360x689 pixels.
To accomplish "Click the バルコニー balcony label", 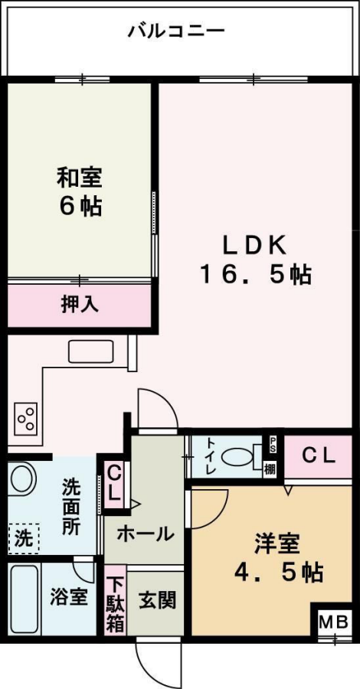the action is pyautogui.click(x=177, y=32).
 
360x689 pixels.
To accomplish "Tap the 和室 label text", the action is pyautogui.click(x=80, y=178).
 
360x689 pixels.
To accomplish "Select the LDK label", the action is pyautogui.click(x=255, y=247).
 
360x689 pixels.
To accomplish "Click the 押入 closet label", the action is pyautogui.click(x=80, y=305).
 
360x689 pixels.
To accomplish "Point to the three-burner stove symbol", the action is pyautogui.click(x=25, y=420).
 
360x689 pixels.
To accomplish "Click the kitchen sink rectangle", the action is pyautogui.click(x=91, y=352).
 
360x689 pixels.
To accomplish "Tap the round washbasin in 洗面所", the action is pyautogui.click(x=21, y=479).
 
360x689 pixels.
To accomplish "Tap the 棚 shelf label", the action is pyautogui.click(x=270, y=470).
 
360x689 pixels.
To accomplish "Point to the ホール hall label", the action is pyautogui.click(x=144, y=534).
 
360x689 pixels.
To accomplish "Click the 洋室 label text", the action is pyautogui.click(x=277, y=545).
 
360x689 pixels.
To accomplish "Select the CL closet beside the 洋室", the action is pyautogui.click(x=318, y=456).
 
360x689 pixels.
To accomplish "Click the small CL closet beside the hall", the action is pyautogui.click(x=114, y=483).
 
